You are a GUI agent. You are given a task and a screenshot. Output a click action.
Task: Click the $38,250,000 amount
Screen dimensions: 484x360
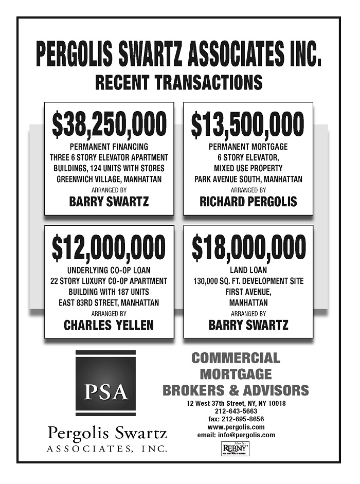109,125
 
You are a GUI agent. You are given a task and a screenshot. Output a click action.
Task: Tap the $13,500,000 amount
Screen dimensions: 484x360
248,125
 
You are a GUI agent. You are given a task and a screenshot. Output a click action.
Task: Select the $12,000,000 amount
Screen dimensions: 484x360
109,247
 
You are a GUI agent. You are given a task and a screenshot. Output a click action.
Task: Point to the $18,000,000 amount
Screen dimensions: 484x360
248,247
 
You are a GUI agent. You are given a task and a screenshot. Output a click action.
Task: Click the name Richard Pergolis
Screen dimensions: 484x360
248,202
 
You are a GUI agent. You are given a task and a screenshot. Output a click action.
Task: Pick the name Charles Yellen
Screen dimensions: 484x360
109,325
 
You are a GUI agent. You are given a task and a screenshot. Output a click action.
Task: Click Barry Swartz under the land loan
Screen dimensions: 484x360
248,325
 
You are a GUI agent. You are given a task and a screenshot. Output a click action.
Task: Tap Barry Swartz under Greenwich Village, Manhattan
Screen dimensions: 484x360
109,202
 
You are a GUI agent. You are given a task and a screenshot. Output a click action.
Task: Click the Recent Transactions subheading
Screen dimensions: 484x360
178,82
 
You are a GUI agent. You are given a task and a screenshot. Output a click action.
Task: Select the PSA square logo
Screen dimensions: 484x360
105,383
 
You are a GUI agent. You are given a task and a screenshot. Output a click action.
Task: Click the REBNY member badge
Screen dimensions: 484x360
236,449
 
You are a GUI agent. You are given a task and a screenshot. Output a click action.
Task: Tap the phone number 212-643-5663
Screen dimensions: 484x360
236,411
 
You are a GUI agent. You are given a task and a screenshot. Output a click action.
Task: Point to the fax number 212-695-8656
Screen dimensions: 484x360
236,419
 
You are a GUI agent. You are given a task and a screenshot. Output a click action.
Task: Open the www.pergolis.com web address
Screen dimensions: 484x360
236,427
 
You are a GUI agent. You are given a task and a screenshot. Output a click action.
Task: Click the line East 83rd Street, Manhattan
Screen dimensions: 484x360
109,302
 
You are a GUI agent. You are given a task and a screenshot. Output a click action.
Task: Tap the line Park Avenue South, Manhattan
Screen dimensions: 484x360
248,180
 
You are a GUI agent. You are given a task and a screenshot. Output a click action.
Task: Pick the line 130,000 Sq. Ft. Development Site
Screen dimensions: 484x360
248,281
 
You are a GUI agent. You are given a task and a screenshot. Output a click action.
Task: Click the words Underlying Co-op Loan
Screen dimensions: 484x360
109,270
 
